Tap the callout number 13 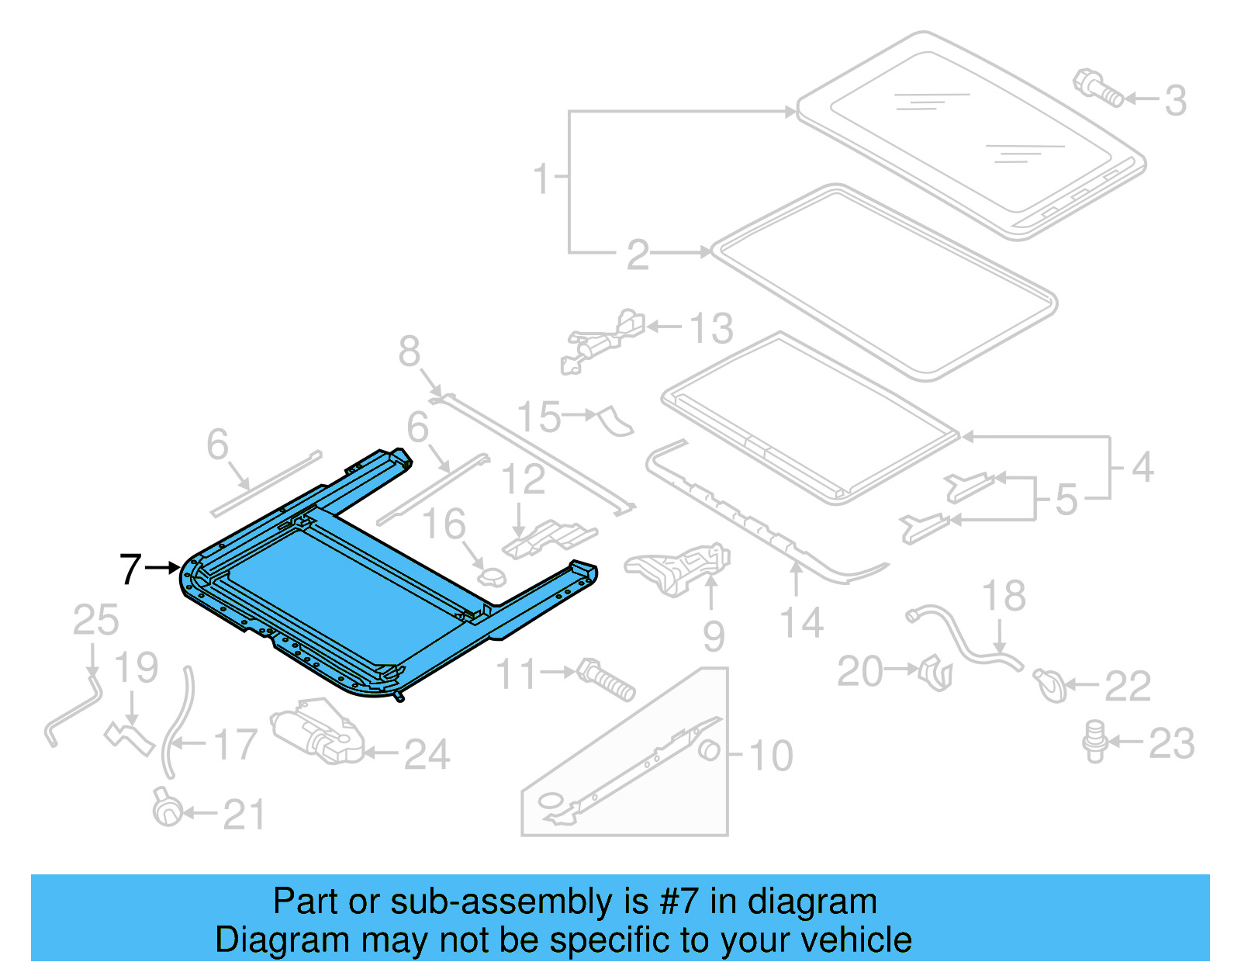[711, 328]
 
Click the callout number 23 [1170, 743]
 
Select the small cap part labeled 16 [490, 576]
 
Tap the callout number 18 [1004, 597]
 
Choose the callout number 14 [801, 623]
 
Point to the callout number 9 [714, 636]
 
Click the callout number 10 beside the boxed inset [770, 755]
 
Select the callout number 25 [95, 620]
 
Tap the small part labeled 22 [1049, 685]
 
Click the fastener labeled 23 [1094, 741]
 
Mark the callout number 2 [638, 254]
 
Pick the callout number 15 [539, 417]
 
